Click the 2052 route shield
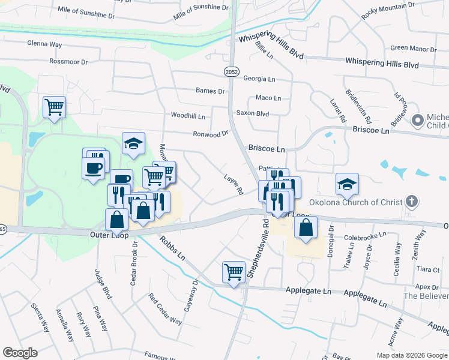click(231, 71)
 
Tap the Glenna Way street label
click(44, 43)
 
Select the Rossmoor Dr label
click(68, 61)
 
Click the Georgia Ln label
click(259, 79)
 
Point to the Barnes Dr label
click(210, 91)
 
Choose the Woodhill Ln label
click(188, 115)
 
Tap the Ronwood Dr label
click(211, 134)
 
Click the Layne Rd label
click(233, 184)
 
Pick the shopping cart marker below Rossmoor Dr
click(54, 107)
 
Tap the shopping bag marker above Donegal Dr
click(306, 227)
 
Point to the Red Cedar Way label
click(165, 309)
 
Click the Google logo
click(20, 353)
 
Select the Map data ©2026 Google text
click(411, 355)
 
